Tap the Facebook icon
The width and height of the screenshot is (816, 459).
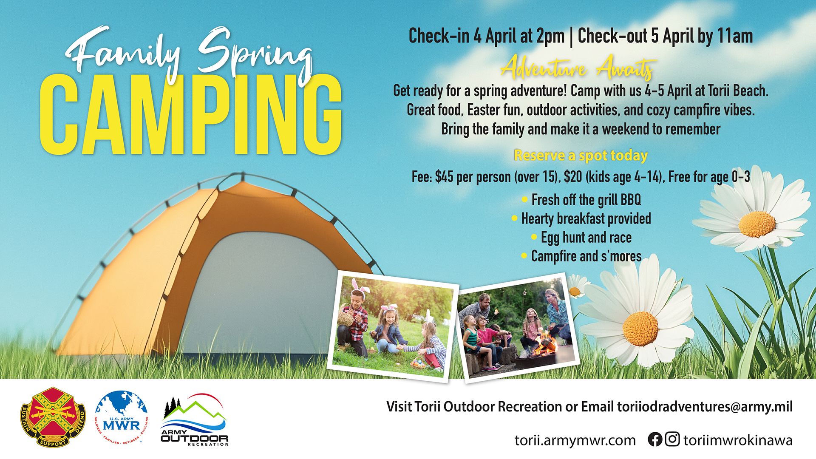tap(655, 439)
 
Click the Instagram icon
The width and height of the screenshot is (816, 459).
tap(672, 439)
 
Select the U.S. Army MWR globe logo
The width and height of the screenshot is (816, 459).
tap(122, 418)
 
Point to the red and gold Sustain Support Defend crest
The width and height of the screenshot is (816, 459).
tap(53, 417)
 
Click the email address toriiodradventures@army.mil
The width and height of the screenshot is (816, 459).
tap(705, 407)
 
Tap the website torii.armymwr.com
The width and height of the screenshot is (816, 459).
tap(575, 440)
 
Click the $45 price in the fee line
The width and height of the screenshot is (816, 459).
tap(444, 177)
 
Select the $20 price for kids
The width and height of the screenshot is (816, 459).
tap(573, 177)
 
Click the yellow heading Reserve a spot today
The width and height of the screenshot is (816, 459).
tap(581, 156)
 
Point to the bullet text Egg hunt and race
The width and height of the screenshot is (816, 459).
tap(586, 238)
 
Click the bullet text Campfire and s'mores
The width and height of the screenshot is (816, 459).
tap(586, 256)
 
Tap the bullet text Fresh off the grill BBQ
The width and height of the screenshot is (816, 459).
tap(586, 200)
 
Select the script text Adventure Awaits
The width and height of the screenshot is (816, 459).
tap(578, 69)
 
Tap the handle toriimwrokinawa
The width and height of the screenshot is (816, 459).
tap(738, 440)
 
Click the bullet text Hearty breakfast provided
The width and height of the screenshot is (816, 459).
tap(586, 218)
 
